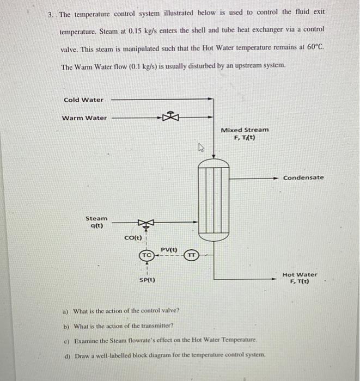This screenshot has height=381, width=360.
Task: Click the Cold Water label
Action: (x=83, y=100)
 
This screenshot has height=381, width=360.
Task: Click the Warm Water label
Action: (x=84, y=118)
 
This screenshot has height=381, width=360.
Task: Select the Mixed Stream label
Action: (x=245, y=133)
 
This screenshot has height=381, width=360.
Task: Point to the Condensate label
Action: (x=303, y=177)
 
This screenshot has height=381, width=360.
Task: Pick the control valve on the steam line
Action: (x=145, y=222)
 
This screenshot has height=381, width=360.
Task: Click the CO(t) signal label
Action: (x=133, y=238)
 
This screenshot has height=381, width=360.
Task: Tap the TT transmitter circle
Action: (x=191, y=255)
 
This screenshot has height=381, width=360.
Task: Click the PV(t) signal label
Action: (x=169, y=249)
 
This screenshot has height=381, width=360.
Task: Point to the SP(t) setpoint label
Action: (x=147, y=280)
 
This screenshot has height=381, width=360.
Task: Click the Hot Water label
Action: (x=300, y=278)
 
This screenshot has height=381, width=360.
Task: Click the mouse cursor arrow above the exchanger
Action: (x=200, y=148)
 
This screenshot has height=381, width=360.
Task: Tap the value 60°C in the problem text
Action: (x=314, y=47)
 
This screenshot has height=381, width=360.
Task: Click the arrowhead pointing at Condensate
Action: (x=279, y=177)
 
